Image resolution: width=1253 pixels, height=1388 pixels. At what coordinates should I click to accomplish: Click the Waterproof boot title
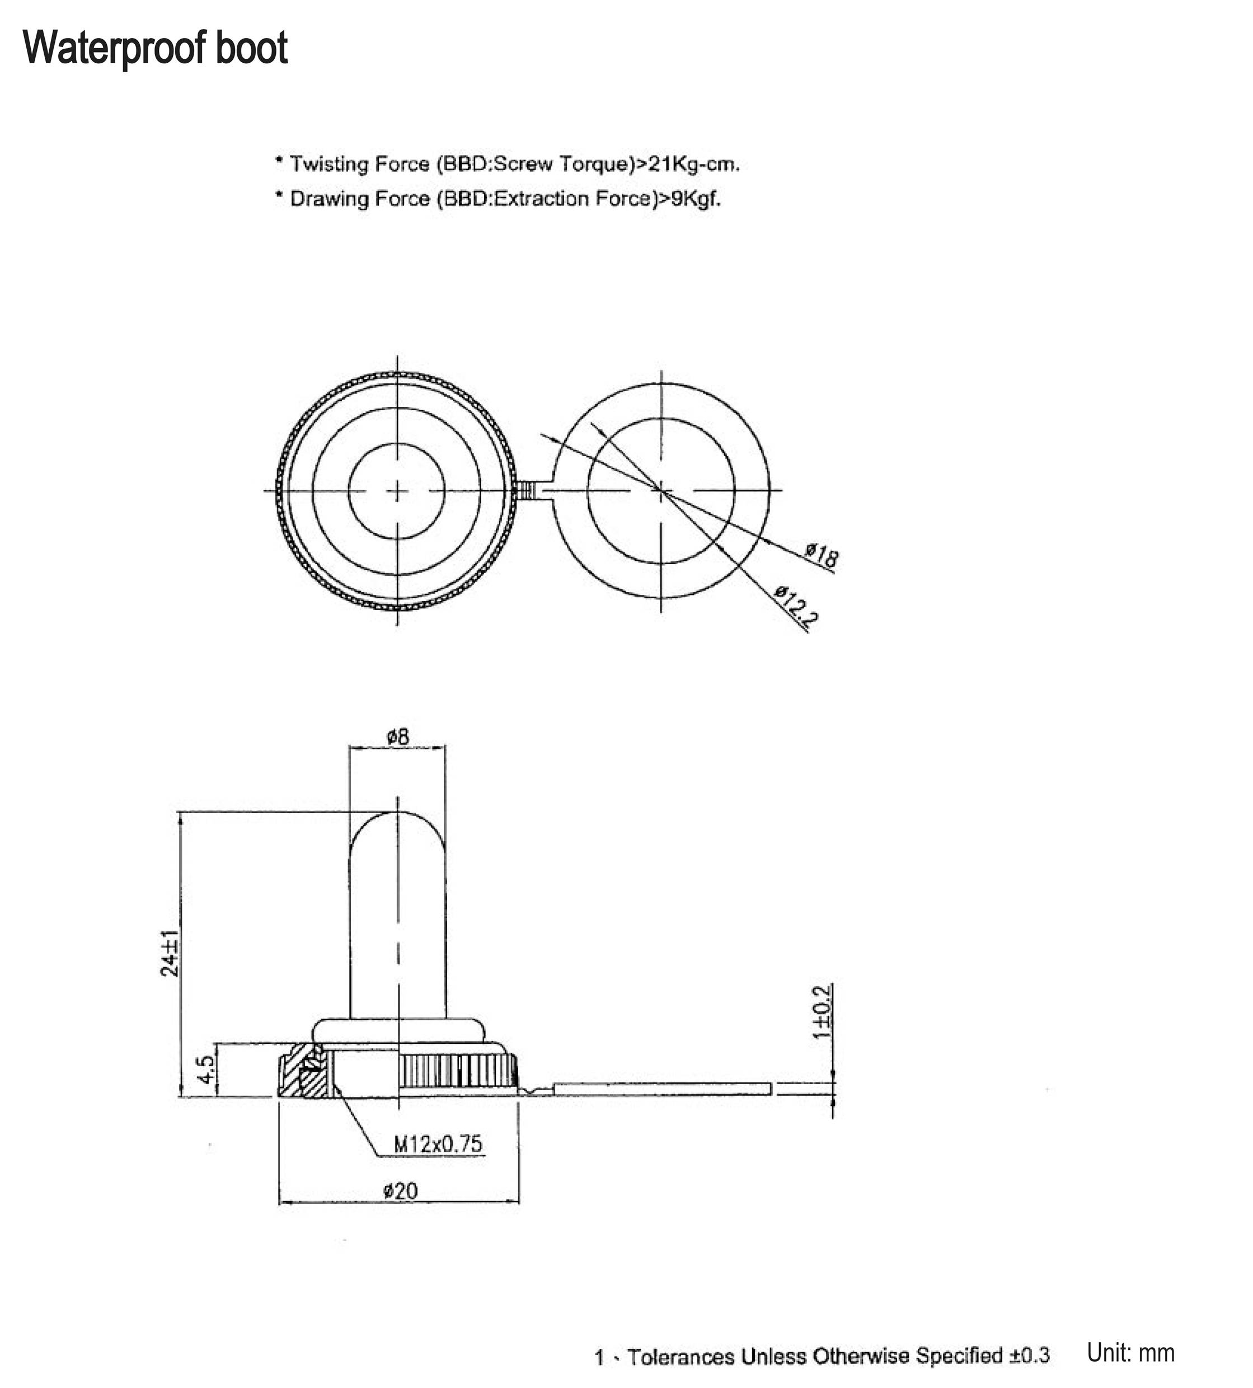coord(156,48)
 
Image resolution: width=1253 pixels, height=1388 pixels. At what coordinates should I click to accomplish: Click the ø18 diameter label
coord(822,555)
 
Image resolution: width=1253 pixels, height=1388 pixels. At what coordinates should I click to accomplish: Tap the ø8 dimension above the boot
coord(397,738)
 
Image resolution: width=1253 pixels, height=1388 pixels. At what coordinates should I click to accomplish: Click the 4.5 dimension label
coord(207,1070)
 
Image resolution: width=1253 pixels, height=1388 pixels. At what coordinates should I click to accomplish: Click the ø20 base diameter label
coord(400,1191)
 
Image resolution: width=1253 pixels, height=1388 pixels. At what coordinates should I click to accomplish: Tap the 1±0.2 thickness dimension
coord(822,1012)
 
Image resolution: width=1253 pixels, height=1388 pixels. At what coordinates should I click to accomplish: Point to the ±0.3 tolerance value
coord(1029,1356)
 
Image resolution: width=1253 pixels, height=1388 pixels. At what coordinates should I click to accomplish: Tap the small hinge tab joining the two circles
coord(527,491)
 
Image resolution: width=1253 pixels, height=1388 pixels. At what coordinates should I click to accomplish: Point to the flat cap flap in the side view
coord(661,1088)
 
